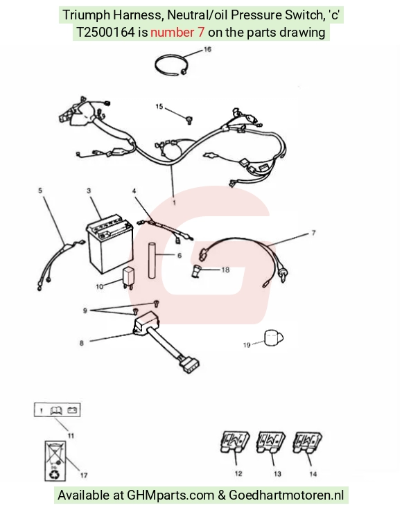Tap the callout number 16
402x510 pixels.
207,49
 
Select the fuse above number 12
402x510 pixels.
235,442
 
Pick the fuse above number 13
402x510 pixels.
270,442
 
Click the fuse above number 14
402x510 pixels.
307,442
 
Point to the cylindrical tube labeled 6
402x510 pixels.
152,261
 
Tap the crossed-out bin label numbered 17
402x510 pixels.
55,461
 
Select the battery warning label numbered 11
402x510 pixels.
58,410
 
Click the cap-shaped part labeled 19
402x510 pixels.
274,338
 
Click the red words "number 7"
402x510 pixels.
177,33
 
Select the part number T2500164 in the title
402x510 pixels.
105,33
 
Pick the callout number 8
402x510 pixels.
82,343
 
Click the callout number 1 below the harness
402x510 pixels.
175,202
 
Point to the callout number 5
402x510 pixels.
40,191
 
